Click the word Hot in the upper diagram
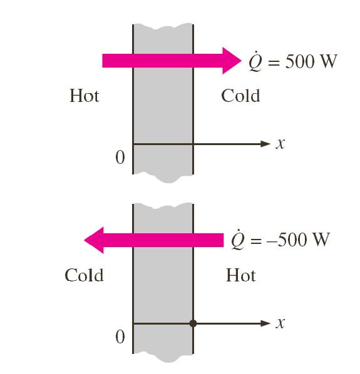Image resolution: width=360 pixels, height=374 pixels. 85,96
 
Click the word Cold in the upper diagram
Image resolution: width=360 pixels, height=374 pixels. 240,96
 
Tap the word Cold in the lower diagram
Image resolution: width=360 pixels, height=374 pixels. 84,275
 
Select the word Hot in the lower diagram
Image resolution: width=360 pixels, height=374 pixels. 241,275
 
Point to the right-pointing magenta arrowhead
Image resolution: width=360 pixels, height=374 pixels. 231,61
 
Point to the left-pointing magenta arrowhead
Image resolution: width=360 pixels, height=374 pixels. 94,240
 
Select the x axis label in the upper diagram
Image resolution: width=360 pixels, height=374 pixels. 280,144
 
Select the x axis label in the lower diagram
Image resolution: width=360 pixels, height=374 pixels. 280,323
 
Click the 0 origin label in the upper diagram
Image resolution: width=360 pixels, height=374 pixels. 120,158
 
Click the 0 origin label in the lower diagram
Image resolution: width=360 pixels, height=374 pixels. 120,337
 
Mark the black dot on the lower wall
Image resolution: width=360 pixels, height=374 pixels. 193,323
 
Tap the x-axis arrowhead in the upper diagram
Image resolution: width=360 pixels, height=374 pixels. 265,144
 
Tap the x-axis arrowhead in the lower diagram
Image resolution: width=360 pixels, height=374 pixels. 265,323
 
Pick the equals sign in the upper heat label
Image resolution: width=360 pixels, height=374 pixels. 274,63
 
